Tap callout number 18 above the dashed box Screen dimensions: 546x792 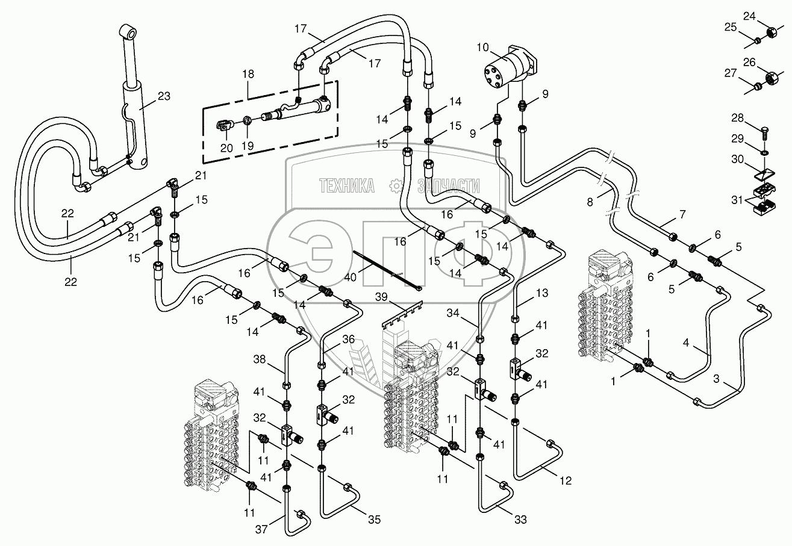249,74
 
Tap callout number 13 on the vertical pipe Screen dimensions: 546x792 543,293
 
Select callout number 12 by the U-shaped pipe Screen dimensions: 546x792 564,480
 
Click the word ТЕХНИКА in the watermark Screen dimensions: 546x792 346,185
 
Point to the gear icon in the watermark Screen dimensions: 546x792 396,186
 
